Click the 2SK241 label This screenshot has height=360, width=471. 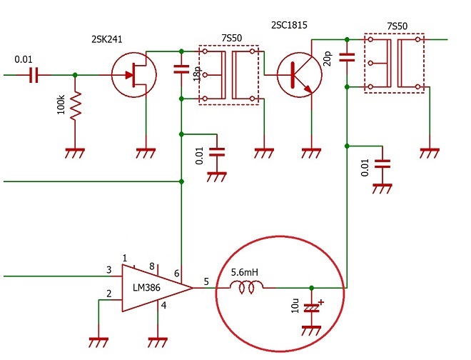point(106,39)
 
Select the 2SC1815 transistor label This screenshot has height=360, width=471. point(289,25)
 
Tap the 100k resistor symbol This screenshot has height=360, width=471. point(76,105)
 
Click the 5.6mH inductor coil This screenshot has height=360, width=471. point(246,287)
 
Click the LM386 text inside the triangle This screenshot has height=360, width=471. point(146,288)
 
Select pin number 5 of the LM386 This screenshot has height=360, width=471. point(206,281)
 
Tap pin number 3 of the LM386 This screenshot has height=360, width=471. point(109,270)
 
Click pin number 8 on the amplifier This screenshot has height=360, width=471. point(152,266)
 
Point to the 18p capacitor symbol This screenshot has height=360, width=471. point(181,69)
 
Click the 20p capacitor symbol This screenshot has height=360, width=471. point(347,57)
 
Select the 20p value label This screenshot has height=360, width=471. point(328,59)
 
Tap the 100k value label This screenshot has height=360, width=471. point(61,105)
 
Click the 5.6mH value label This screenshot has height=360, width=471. point(245,272)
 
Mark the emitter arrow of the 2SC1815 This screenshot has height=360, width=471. point(307,88)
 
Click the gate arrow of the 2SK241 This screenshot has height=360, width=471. point(129,75)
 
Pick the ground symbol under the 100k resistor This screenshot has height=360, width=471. point(75,153)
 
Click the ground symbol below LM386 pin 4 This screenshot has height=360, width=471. point(158,342)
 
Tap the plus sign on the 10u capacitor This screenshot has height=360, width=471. point(321,302)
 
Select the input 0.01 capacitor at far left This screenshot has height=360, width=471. point(34,75)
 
